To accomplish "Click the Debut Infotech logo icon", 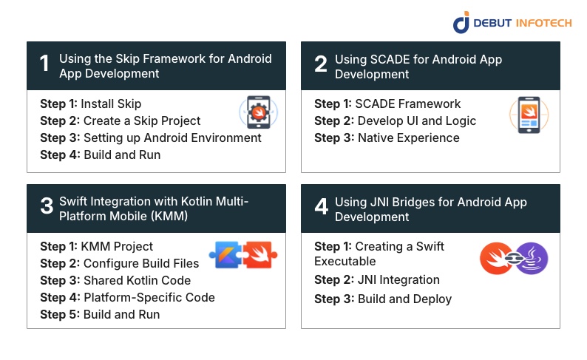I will coord(461,23).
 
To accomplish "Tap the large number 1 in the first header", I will coord(45,64).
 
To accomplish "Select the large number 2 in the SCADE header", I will coord(320,64).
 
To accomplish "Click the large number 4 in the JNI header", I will coord(321,207).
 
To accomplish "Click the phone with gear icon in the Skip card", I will coord(258,112).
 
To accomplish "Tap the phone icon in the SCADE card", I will coord(529,115).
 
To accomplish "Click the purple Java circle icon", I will coord(531,258).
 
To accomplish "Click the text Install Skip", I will coord(111,103).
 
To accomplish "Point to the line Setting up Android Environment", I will coord(172,138).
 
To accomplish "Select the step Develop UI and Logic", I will coord(417,121).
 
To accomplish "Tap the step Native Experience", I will coord(408,138).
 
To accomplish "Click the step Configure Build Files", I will coord(141,264).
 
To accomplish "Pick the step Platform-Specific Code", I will coord(149,298).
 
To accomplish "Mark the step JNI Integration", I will coord(398,280).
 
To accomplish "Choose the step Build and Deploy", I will coord(404,299).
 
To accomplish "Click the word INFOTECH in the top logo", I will coord(543,24).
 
